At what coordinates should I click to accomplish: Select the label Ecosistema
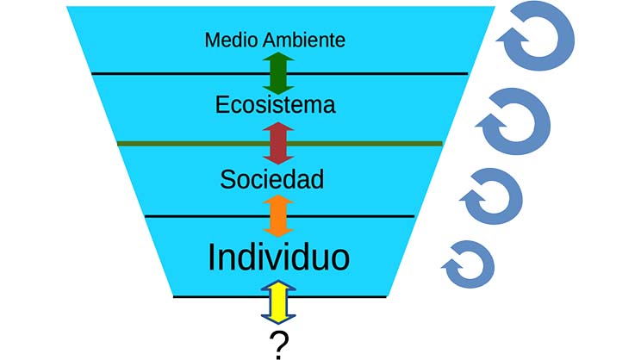(275, 106)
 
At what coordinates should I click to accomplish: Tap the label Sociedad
(271, 180)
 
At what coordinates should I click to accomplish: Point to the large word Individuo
(278, 256)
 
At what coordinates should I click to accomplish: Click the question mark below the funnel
(278, 344)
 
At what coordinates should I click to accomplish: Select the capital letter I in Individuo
(213, 256)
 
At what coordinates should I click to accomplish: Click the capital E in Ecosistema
(223, 106)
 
